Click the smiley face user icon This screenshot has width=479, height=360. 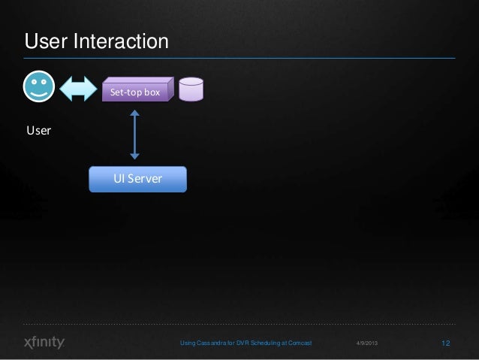coord(38,86)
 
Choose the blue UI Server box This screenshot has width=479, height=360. coord(137,179)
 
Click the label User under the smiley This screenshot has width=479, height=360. coord(39,131)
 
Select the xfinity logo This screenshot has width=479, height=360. coord(44,343)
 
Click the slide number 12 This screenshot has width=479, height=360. coord(446,343)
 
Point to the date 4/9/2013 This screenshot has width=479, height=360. coord(366,343)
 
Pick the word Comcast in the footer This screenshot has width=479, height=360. coord(296,343)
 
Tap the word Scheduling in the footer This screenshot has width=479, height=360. coord(260,343)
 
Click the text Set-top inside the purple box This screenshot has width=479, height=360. coord(125,92)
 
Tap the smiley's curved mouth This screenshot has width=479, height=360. coord(38,92)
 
